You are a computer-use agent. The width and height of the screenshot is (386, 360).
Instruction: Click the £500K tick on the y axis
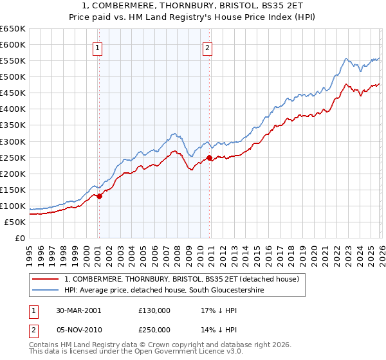coord(13,77)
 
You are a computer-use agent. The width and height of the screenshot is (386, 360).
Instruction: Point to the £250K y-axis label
coord(13,157)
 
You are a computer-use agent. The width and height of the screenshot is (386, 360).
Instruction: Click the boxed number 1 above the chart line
coord(97,47)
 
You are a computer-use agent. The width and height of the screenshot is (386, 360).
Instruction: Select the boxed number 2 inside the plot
coord(208,47)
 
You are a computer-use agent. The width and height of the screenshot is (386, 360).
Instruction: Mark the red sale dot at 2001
coord(99,196)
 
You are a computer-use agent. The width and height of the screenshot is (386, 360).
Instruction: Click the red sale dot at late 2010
coord(209,157)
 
